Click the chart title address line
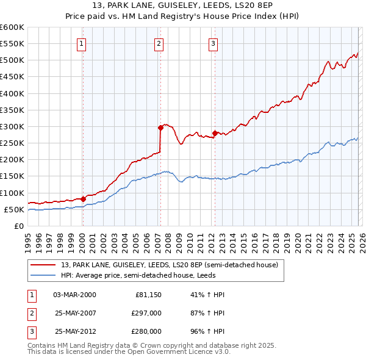[x=183, y=6]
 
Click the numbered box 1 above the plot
[x=82, y=43]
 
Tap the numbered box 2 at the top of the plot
[x=159, y=43]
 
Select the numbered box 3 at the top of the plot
[x=213, y=43]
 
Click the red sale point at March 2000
[x=83, y=199]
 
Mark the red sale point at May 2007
[x=161, y=128]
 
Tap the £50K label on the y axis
[x=14, y=209]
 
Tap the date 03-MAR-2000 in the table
[x=74, y=295]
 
